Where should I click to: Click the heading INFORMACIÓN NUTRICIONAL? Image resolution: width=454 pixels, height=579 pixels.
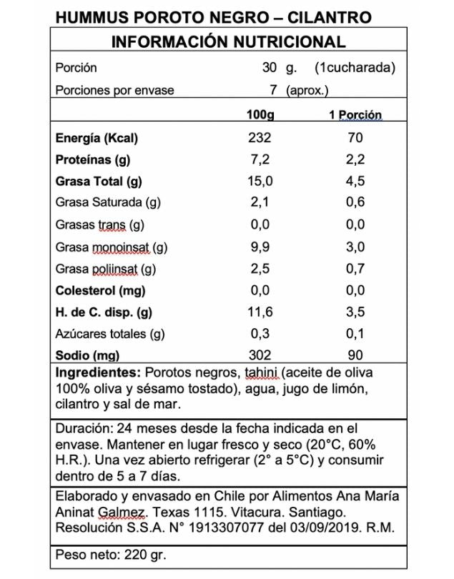(228, 42)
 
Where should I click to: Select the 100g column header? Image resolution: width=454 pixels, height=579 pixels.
(260, 115)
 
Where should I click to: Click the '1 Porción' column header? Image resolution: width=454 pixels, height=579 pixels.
(355, 115)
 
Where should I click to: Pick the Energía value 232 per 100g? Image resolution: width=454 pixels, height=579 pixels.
(260, 138)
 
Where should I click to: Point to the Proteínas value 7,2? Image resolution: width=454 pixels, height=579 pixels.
(260, 159)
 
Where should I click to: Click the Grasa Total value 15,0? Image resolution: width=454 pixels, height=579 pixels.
(260, 182)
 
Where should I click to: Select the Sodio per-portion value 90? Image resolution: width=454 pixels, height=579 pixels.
(355, 355)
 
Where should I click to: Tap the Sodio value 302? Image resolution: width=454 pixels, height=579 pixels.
(260, 355)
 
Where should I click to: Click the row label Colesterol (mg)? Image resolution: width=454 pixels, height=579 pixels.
(100, 290)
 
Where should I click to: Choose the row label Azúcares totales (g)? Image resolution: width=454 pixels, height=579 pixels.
(110, 334)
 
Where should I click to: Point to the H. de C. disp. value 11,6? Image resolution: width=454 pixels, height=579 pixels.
(260, 312)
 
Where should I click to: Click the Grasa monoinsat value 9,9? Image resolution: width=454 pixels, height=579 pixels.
(260, 247)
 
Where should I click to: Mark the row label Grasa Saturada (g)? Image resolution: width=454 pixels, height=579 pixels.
(108, 203)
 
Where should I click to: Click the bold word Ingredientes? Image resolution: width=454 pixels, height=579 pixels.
(97, 373)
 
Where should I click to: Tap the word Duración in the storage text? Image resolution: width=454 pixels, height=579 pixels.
(82, 428)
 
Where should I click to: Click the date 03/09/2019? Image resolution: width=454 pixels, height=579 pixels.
(320, 528)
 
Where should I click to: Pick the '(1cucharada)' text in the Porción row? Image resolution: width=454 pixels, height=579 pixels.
(355, 69)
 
